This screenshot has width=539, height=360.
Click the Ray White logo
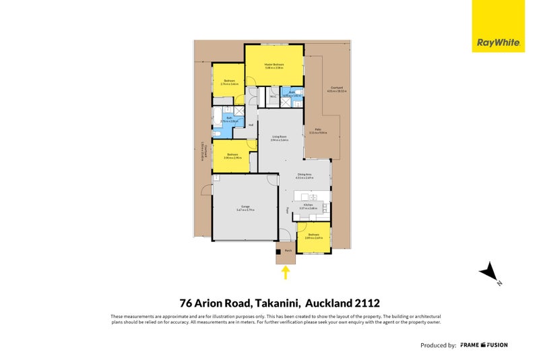click(498, 26)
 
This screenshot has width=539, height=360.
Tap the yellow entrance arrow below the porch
click(286, 272)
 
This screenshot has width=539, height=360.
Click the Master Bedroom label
click(274, 65)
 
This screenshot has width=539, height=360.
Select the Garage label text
click(244, 208)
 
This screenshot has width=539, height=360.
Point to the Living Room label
click(280, 137)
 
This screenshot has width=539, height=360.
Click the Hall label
click(251, 125)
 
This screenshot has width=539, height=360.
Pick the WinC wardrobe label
click(273, 96)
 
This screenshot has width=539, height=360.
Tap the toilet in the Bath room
click(218, 133)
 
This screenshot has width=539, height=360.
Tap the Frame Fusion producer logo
click(484, 344)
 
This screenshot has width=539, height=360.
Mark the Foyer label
click(287, 210)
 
